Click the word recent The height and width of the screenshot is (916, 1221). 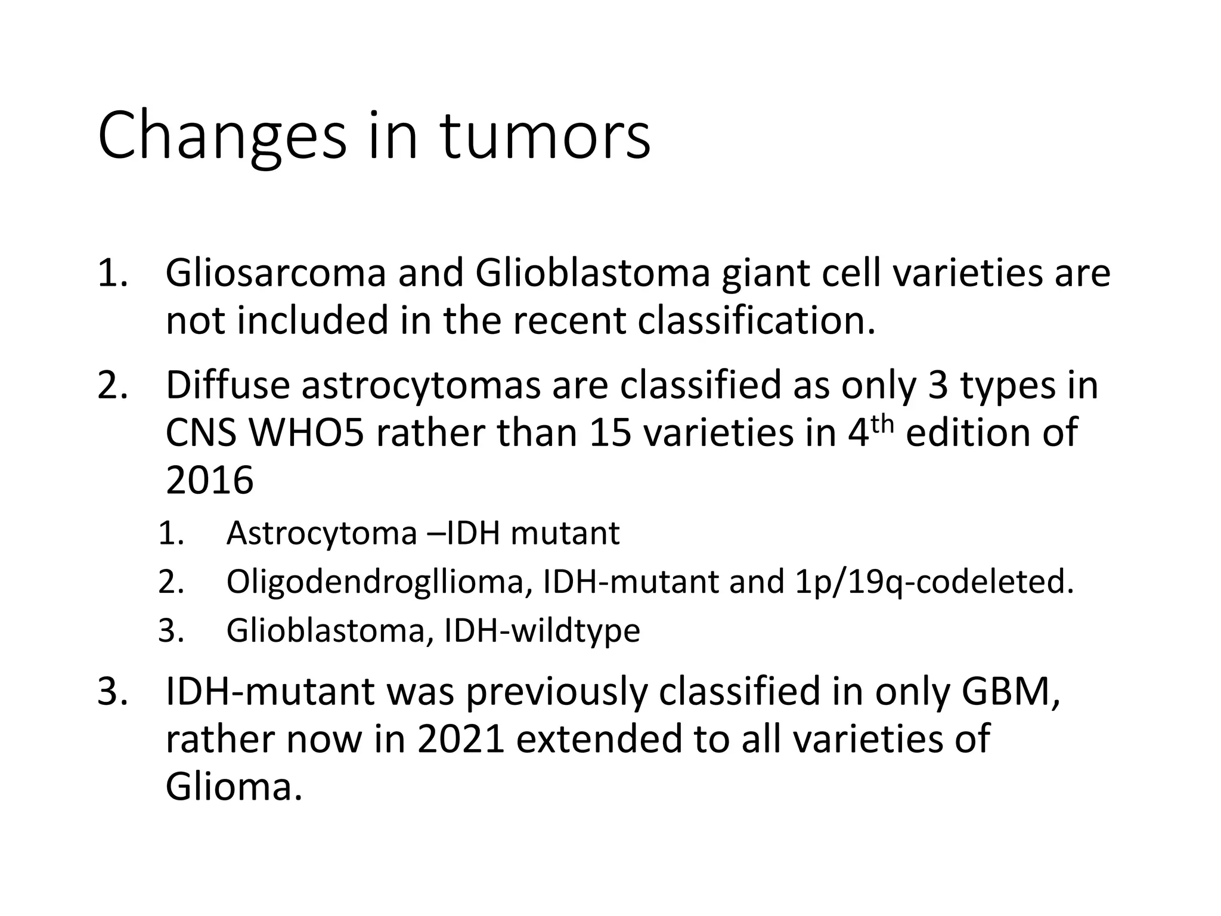pyautogui.click(x=570, y=321)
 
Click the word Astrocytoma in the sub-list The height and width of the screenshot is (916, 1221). pyautogui.click(x=321, y=533)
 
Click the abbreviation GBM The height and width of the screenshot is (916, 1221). pyautogui.click(x=1010, y=692)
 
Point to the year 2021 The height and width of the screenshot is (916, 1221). pyautogui.click(x=461, y=739)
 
